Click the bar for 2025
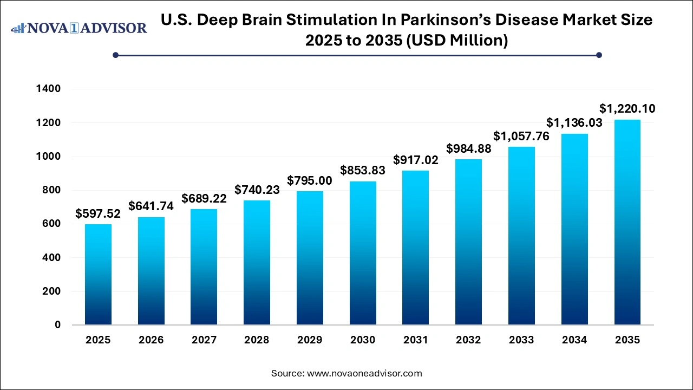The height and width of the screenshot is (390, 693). [98, 275]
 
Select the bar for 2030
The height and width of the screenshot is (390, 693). [363, 253]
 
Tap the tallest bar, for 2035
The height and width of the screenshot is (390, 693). [627, 222]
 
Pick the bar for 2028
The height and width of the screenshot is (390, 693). [257, 263]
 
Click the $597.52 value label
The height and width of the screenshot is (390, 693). [98, 214]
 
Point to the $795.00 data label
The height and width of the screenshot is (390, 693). [310, 180]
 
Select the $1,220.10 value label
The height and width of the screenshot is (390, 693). [627, 109]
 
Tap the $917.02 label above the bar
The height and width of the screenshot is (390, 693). [416, 160]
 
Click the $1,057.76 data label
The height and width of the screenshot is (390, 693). [521, 136]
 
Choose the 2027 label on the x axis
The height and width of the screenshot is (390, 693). [204, 340]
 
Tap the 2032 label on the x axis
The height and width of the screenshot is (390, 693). [469, 340]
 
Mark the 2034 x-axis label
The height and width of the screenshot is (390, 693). [574, 340]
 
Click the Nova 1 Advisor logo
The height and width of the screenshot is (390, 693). [79, 28]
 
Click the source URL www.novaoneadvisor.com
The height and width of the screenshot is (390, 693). [364, 373]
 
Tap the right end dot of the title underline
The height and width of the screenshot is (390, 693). [599, 55]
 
